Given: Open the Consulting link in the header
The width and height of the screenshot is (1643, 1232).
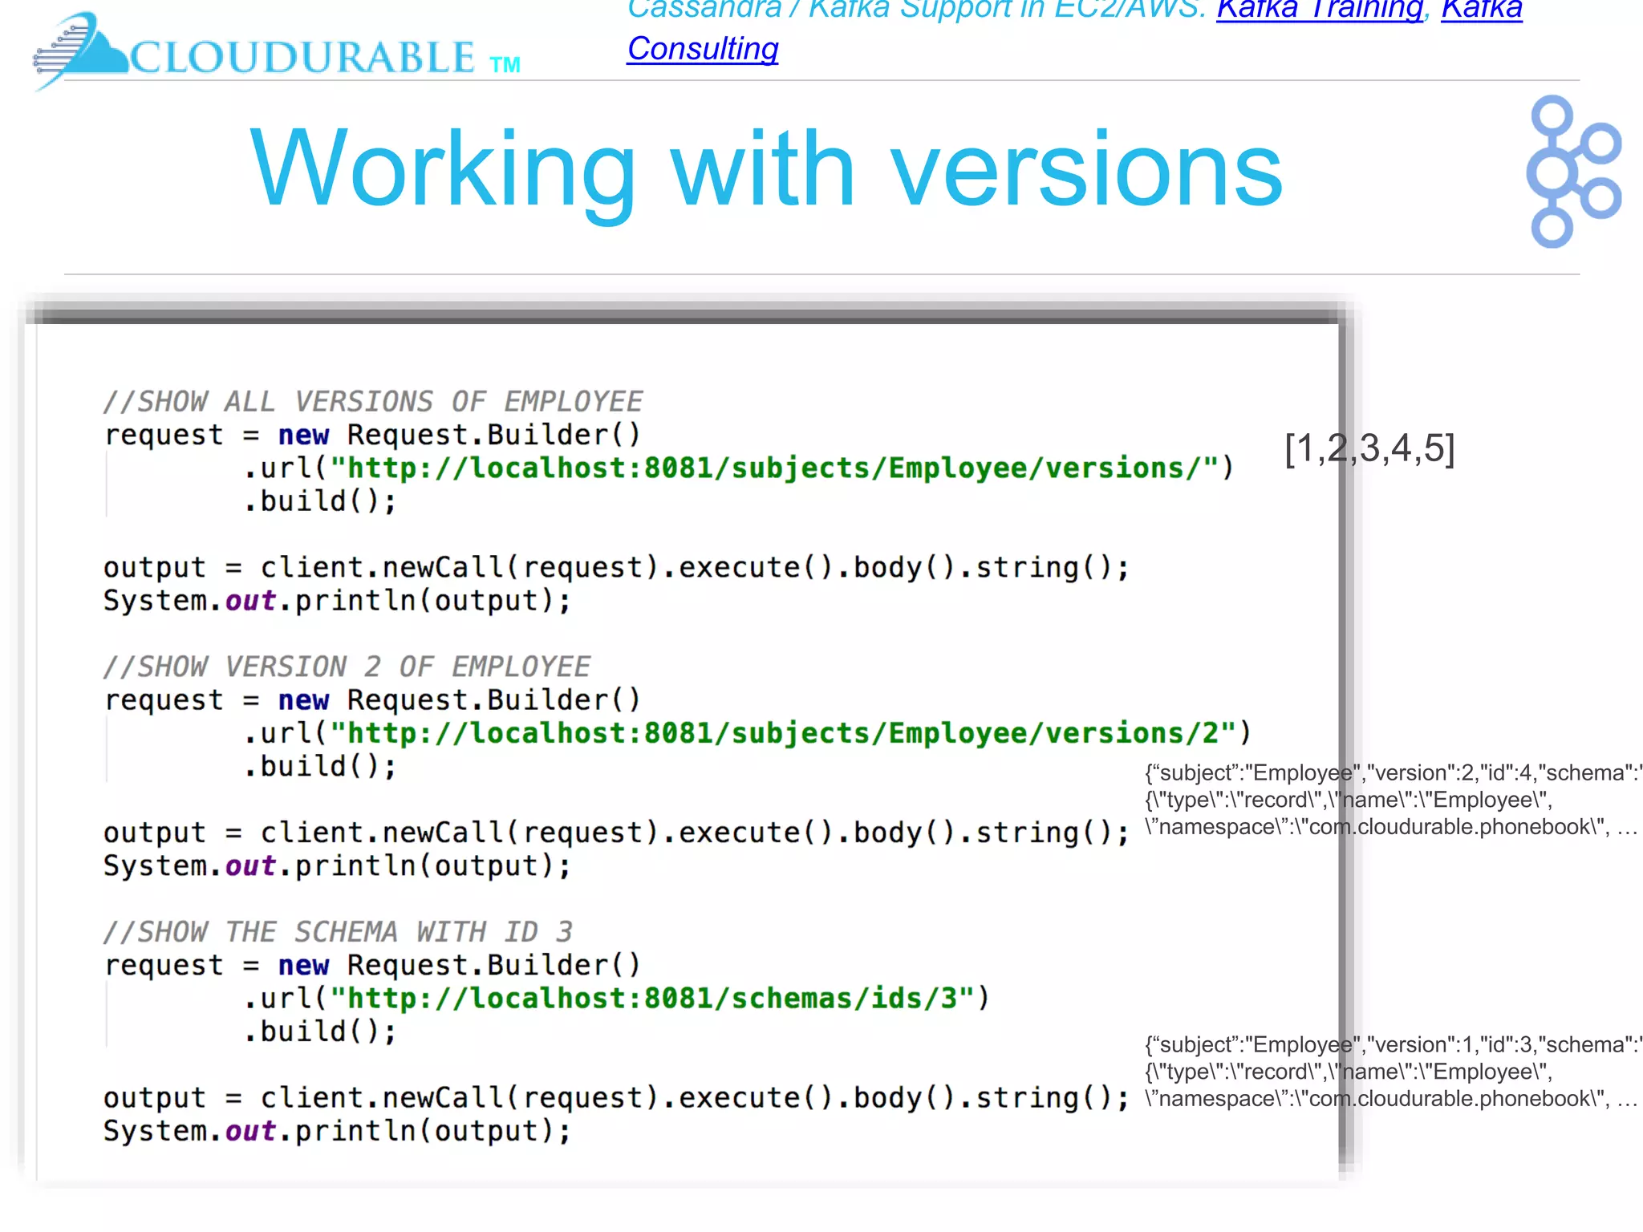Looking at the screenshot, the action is [x=703, y=49].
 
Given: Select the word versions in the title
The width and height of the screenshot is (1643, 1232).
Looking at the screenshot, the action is [x=1086, y=170].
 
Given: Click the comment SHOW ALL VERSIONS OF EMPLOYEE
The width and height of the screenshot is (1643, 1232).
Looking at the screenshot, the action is [x=373, y=401].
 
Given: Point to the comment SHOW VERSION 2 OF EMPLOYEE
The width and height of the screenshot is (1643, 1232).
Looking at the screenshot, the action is [x=347, y=666].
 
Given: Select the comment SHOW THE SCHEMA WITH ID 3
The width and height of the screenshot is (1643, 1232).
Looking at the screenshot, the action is [x=338, y=931].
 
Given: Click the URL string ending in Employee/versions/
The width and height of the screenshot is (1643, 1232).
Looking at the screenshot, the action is [x=773, y=468].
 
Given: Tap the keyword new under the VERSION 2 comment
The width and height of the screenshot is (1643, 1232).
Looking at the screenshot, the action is [x=303, y=699].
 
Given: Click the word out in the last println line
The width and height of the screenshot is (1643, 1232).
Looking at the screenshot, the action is [x=250, y=1130].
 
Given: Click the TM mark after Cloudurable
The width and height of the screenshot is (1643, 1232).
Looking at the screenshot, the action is [x=505, y=65].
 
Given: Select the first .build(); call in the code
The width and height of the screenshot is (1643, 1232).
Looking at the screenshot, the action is [x=319, y=501].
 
